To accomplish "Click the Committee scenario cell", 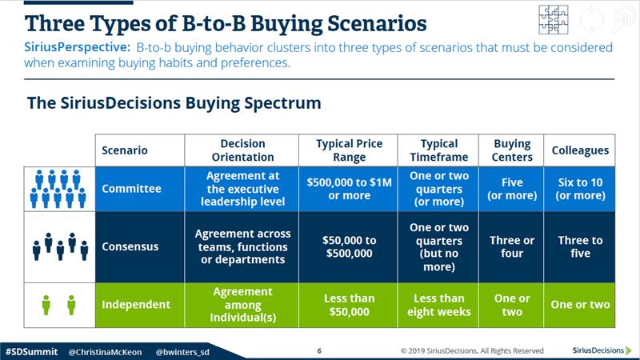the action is click(x=139, y=189).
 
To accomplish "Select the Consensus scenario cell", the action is click(x=139, y=247).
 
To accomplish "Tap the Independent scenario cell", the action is click(x=139, y=305).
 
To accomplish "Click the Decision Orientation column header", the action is click(x=242, y=150).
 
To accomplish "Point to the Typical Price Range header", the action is click(x=348, y=150).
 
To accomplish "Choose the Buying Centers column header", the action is click(x=511, y=150).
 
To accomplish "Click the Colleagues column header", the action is click(x=579, y=150).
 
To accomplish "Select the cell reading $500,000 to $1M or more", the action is click(x=348, y=189).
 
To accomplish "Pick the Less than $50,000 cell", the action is click(x=348, y=305).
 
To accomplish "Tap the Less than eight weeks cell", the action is click(x=438, y=305).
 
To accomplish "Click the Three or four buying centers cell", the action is click(x=511, y=247).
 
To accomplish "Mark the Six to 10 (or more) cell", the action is click(x=579, y=189).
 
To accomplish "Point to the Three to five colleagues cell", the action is click(x=579, y=247).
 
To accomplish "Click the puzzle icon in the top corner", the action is click(x=554, y=19).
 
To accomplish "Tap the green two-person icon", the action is click(x=59, y=305).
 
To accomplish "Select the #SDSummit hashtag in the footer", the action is click(x=31, y=352).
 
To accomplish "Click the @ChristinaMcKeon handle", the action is click(x=106, y=352).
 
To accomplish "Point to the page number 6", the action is click(x=319, y=350).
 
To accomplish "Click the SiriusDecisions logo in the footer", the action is click(x=602, y=350).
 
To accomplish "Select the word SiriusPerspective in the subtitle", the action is click(x=77, y=47).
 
